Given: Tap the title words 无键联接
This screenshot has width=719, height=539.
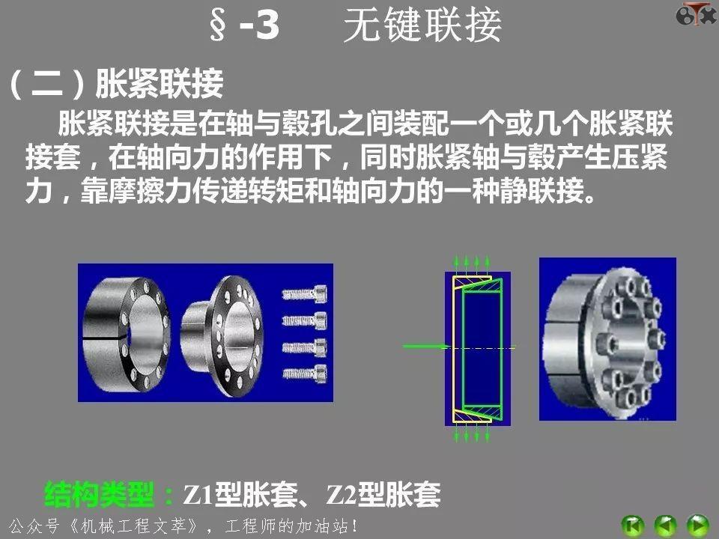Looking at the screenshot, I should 422,27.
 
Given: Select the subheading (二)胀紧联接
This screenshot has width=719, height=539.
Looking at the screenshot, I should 116,85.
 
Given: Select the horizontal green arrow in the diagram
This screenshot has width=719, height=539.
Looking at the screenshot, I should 425,347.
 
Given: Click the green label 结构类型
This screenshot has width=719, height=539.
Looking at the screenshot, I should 101,494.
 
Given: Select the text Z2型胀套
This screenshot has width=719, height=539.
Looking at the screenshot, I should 383,494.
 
